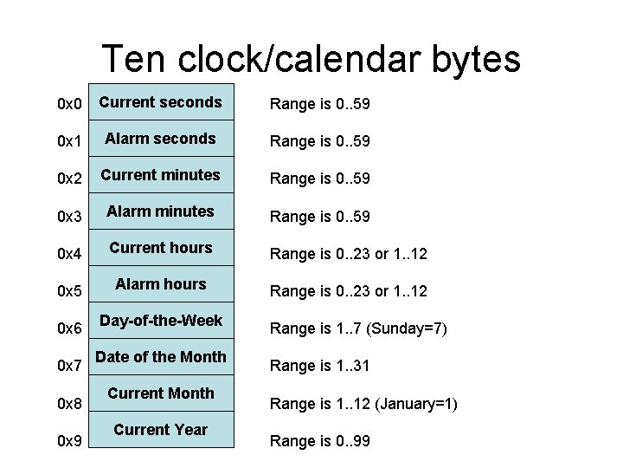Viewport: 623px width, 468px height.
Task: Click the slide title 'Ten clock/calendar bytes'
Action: pos(311,59)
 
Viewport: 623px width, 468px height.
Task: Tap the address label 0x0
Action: pos(69,105)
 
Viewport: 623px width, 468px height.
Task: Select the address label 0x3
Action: pos(69,215)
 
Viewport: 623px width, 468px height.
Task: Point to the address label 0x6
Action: pos(69,328)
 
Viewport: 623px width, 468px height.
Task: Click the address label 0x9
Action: pos(69,441)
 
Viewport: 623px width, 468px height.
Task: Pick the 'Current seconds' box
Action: pos(161,102)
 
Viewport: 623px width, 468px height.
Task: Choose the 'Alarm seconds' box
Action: pos(161,139)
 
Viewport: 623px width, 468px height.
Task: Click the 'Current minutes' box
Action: pos(161,175)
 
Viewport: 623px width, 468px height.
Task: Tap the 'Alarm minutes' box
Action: pos(161,211)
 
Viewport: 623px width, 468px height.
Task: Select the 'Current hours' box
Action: pos(161,248)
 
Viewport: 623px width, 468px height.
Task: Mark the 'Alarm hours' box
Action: pos(161,284)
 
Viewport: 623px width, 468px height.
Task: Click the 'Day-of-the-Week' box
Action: pos(161,321)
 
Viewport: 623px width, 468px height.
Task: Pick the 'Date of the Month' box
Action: pos(161,357)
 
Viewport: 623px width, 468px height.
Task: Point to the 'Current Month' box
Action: pos(161,393)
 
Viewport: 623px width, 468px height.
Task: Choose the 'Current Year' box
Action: pos(161,430)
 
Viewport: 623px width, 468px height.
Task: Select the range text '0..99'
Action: pos(351,441)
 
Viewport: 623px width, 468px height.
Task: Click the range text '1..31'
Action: pos(350,366)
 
